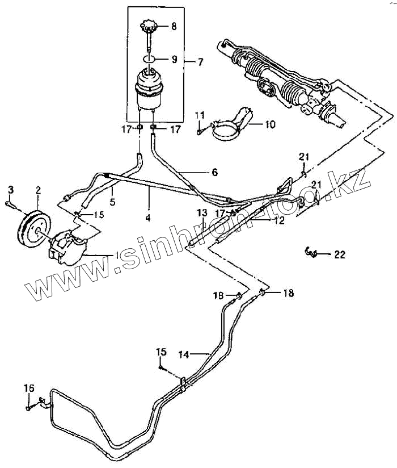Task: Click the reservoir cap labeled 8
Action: [149, 26]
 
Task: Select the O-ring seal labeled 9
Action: [149, 58]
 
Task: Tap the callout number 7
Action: [200, 61]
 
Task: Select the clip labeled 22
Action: [311, 252]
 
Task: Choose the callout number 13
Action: [201, 212]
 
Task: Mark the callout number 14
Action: [183, 355]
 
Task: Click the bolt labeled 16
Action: [28, 407]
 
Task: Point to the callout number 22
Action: [339, 255]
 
